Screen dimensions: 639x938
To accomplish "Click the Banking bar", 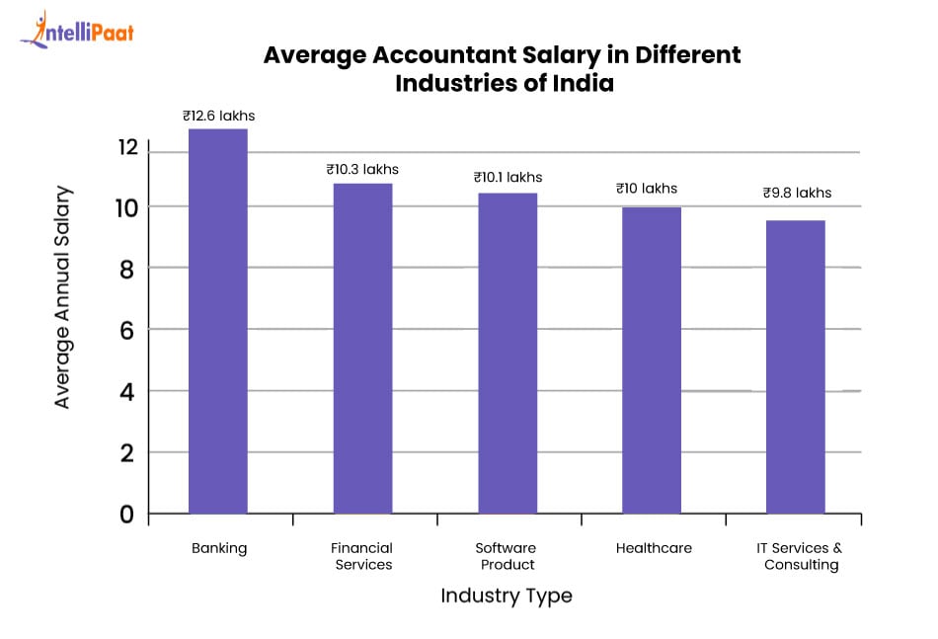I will [217, 321].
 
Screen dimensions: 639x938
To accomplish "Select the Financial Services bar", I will [362, 349].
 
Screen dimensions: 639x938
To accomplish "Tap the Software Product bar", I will [508, 354].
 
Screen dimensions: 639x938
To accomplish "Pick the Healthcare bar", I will [652, 360].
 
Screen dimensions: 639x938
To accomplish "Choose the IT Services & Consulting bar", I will [796, 367].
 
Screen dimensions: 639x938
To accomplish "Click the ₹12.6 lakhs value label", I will [219, 116].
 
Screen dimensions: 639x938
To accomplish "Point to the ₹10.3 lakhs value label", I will [362, 169].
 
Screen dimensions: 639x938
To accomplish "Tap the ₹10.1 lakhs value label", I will [508, 178].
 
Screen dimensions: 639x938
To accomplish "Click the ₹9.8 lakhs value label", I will [797, 193].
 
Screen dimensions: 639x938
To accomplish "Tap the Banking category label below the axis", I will [219, 548].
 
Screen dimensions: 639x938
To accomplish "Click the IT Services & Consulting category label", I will [802, 556].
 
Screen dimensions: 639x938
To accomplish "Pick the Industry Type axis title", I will [506, 596].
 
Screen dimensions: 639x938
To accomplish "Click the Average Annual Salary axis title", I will [63, 296].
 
